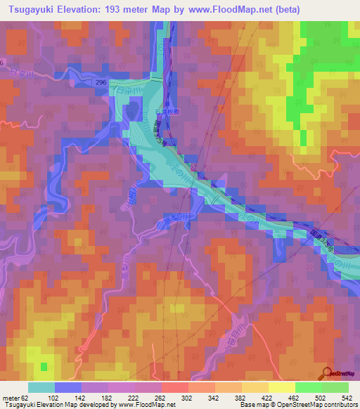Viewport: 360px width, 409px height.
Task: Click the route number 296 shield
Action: click(103, 82)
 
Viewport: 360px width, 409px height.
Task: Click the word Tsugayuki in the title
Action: click(33, 9)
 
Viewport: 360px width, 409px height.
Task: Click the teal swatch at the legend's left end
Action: click(41, 387)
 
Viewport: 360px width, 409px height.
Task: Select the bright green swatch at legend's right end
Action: click(335, 387)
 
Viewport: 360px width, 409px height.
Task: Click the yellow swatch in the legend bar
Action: click(281, 387)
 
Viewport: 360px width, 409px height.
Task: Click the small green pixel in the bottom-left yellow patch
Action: click(44, 366)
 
